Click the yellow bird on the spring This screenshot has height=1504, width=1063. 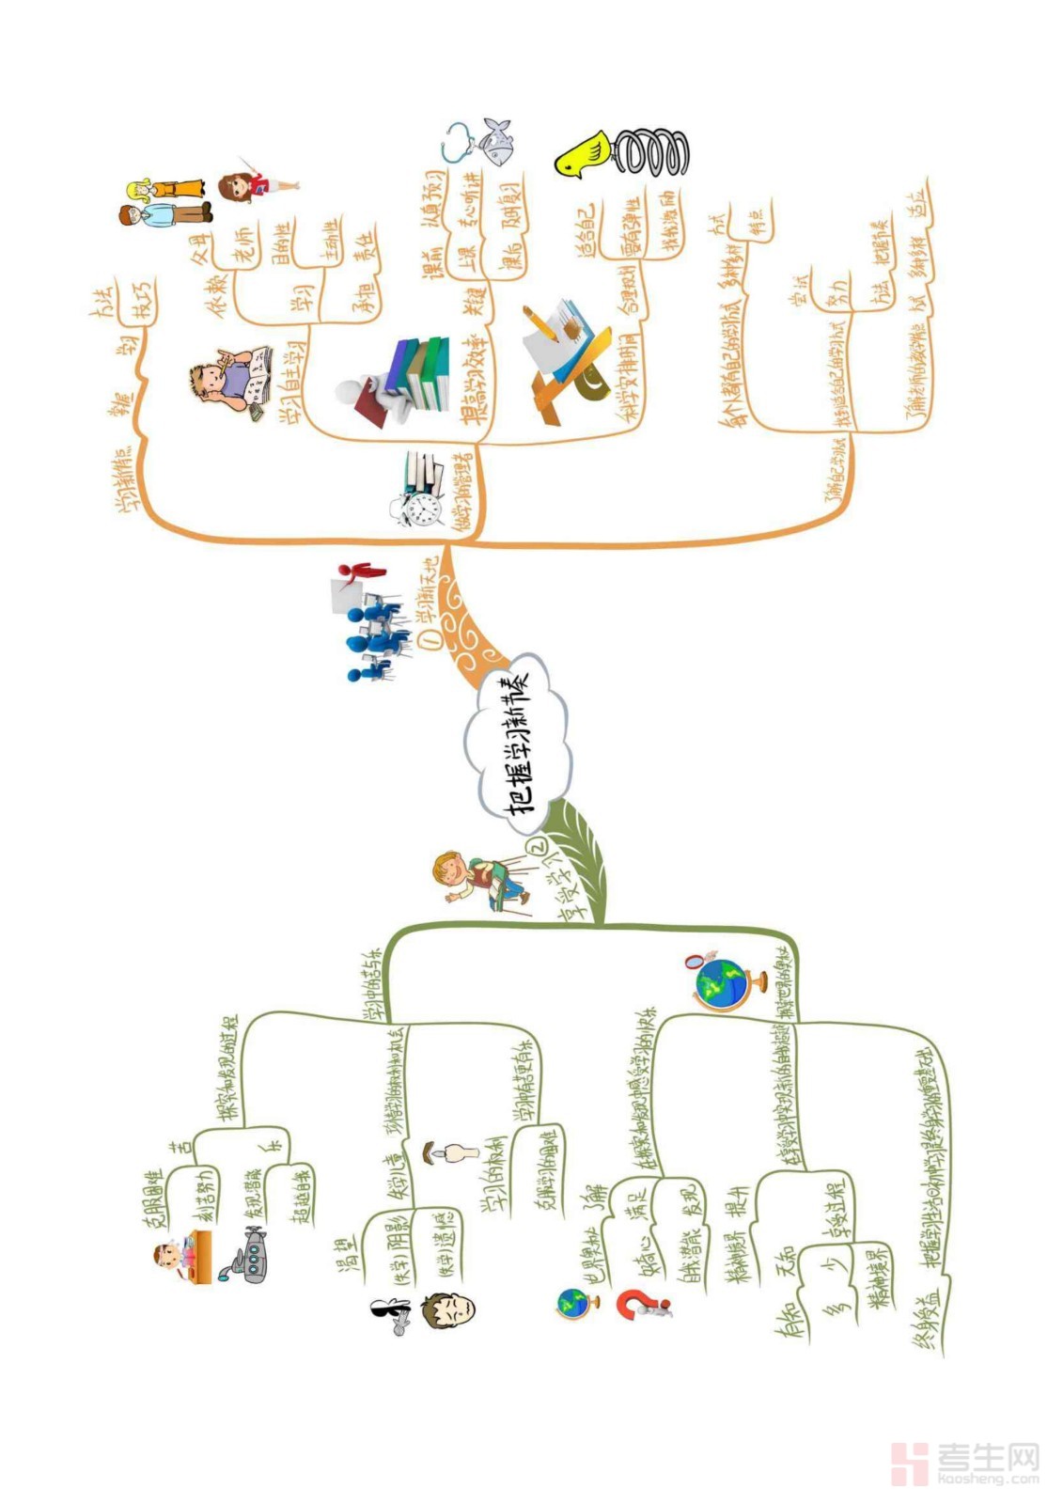coord(581,154)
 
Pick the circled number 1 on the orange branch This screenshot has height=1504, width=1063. coord(431,637)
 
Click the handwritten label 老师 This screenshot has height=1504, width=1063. coord(243,243)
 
